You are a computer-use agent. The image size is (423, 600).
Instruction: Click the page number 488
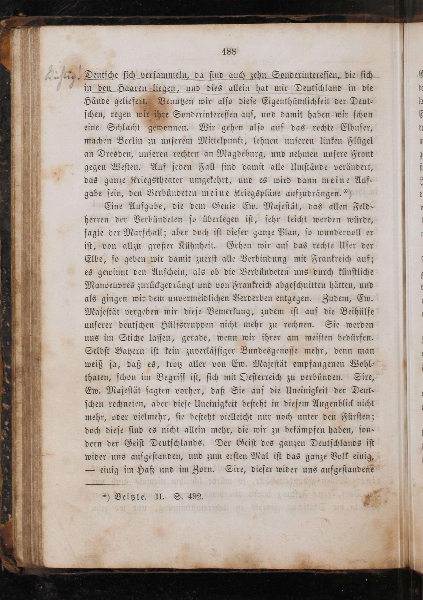click(x=228, y=52)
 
